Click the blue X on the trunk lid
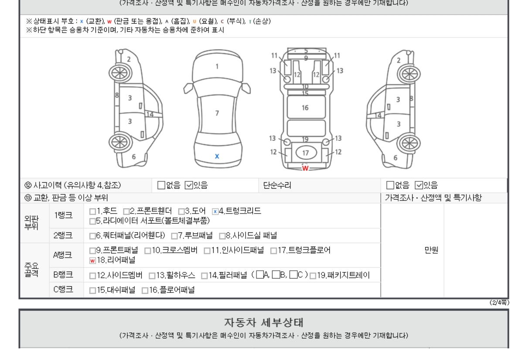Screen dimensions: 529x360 [217, 156]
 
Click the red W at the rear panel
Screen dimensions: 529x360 [305, 168]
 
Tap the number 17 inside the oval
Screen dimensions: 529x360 [306, 153]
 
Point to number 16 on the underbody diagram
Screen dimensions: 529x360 [305, 108]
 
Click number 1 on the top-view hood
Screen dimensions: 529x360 [217, 67]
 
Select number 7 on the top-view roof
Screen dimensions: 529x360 [217, 113]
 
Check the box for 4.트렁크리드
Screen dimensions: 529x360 [215, 211]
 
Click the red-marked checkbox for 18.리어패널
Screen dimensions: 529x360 [92, 261]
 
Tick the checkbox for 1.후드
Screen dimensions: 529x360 [92, 211]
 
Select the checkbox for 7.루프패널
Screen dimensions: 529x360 [174, 236]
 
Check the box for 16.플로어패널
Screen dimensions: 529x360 [145, 291]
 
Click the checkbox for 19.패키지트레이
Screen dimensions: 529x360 [313, 276]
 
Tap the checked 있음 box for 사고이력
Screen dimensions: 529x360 [189, 185]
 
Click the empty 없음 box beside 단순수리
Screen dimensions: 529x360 [390, 185]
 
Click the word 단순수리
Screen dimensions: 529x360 [277, 185]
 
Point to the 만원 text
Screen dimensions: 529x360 [431, 250]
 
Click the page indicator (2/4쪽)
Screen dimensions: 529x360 [499, 302]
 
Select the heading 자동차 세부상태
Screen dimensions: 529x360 [263, 323]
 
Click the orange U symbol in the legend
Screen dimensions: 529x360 [195, 22]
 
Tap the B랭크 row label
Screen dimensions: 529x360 [63, 275]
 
